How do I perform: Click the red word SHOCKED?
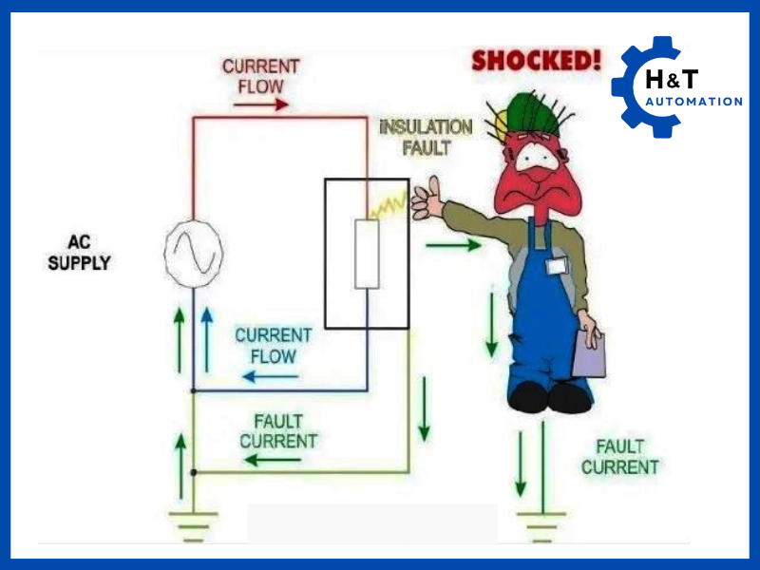(x=537, y=62)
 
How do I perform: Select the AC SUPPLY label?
(x=79, y=253)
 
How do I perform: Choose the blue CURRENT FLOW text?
(x=273, y=346)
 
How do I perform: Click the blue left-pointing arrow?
(x=271, y=376)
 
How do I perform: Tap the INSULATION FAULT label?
(x=425, y=138)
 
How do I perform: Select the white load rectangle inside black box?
(x=367, y=253)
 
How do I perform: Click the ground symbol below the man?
(x=543, y=522)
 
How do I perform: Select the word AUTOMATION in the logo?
(x=693, y=102)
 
